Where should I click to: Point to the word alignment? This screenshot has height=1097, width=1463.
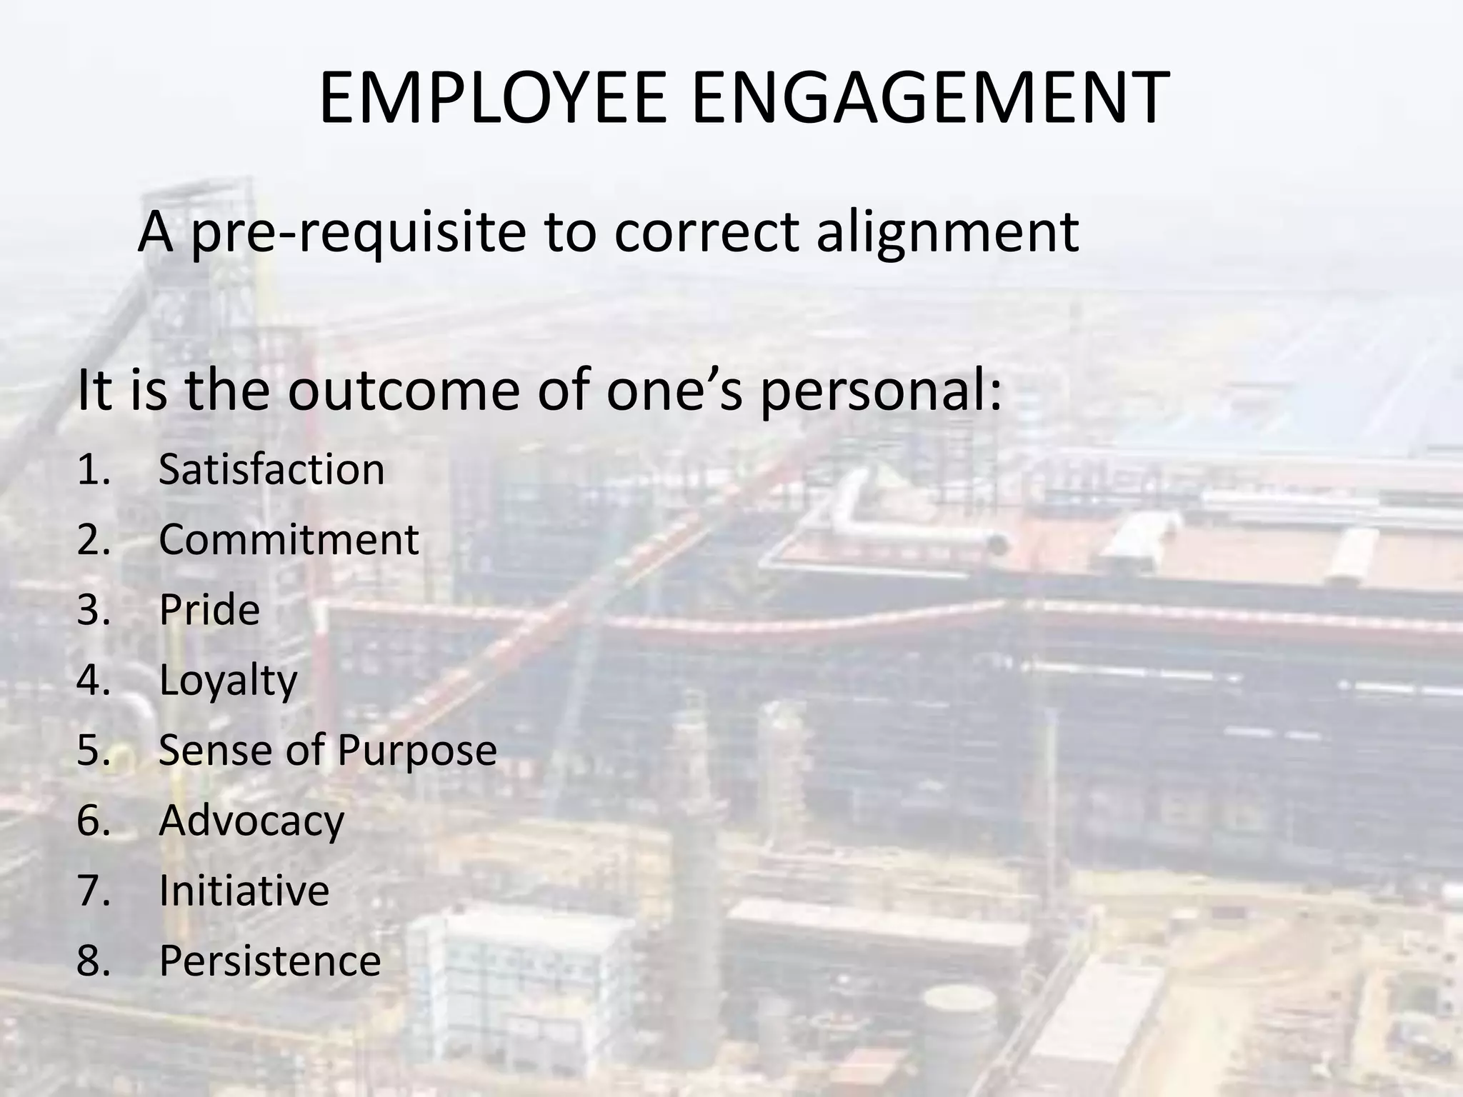tap(947, 233)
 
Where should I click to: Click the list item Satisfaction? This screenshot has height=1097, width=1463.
tap(271, 470)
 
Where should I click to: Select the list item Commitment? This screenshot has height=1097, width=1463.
tap(289, 540)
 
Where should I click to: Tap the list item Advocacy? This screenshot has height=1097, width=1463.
tap(251, 821)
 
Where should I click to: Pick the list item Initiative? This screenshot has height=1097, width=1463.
tap(244, 891)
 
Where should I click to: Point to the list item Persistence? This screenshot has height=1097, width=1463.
tap(269, 961)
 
